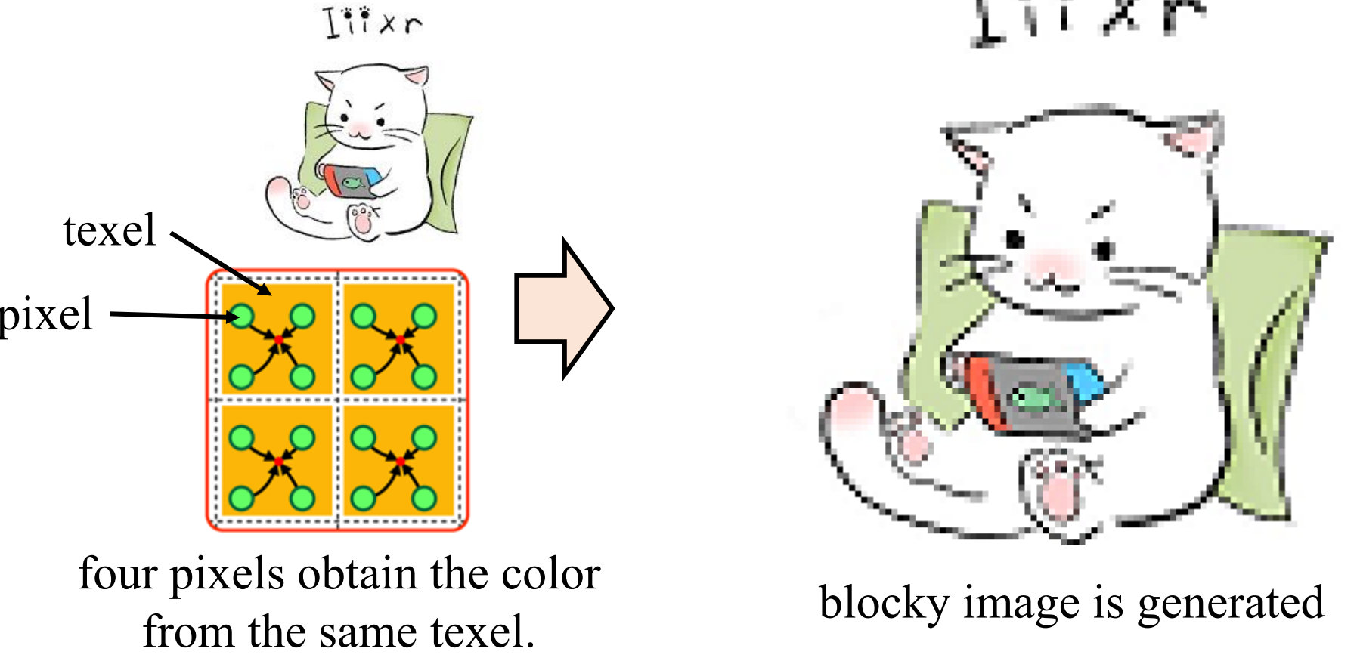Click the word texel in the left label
pos(110,230)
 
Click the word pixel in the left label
pos(47,314)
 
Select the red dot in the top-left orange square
pos(278,340)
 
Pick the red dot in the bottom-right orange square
pos(400,461)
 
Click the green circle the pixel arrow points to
pos(242,316)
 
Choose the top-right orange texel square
pos(399,339)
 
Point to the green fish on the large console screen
pos(1034,397)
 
